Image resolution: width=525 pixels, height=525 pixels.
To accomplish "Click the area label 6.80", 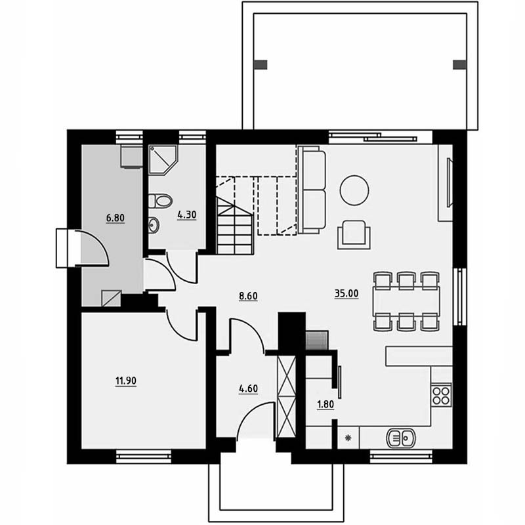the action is [115, 219].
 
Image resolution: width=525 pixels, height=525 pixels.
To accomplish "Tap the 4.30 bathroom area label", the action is [187, 215].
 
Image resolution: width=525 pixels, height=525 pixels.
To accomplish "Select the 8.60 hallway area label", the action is [248, 296].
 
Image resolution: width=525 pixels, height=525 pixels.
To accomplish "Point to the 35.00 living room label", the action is [346, 293].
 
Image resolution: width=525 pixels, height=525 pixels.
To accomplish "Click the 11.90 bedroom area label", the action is [126, 381].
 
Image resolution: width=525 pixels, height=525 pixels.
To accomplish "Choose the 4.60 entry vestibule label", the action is [248, 388].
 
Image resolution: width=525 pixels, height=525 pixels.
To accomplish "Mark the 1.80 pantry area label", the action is [325, 405].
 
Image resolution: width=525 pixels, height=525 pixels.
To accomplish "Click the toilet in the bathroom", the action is [160, 201].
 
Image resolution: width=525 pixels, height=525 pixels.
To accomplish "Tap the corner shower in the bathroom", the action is [163, 159].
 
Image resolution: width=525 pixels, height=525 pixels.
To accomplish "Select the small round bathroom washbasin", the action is [154, 224].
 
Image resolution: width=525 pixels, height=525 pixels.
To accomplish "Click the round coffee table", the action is [354, 190].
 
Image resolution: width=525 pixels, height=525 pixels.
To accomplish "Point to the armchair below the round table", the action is [354, 235].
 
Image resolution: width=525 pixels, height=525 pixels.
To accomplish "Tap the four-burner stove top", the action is [441, 396].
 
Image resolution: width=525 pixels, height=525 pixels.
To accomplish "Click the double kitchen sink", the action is [401, 438].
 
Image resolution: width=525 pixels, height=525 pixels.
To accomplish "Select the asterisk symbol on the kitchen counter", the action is [348, 438].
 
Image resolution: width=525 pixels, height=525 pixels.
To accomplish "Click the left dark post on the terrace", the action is [261, 64].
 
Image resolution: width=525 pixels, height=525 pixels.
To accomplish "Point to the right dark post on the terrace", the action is [459, 64].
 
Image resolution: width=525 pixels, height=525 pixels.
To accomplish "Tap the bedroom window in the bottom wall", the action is [144, 457].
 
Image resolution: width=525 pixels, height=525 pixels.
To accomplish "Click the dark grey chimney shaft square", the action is [317, 340].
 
